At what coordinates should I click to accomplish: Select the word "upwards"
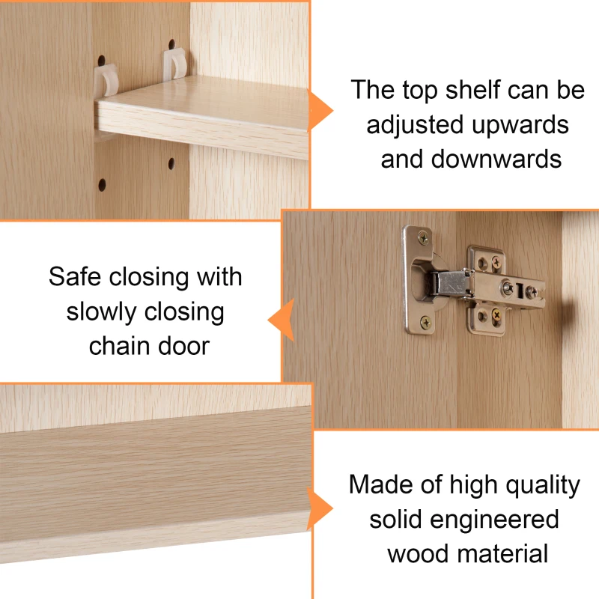[520, 125]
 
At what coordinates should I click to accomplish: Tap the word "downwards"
[496, 159]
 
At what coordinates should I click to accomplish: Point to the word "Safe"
[75, 276]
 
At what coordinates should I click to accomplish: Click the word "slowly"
[101, 312]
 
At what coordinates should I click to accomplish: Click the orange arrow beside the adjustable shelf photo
[320, 111]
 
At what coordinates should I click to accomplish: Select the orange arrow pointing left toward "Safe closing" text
[281, 320]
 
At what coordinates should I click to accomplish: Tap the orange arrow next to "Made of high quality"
[320, 508]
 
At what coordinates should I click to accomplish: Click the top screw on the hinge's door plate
[423, 239]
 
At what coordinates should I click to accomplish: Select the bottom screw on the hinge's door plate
[425, 323]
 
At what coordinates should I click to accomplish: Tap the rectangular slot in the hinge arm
[519, 291]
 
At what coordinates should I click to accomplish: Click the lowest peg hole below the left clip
[102, 184]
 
